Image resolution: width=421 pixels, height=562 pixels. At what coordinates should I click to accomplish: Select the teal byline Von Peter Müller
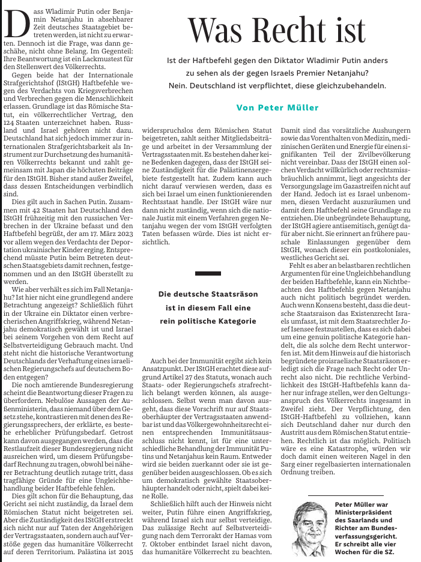point(277,107)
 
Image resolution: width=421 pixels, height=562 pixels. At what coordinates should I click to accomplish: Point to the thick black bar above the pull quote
point(208,273)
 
